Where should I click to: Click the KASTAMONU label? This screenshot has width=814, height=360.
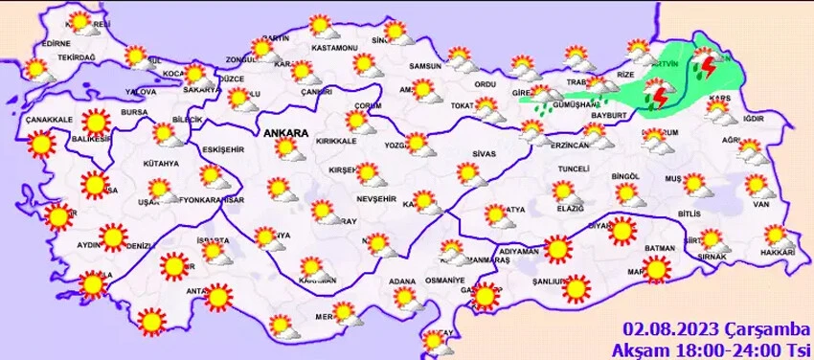[x=334, y=47]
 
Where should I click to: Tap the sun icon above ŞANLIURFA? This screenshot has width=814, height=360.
[x=576, y=286]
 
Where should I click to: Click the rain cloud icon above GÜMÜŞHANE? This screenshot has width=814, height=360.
[x=546, y=99]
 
